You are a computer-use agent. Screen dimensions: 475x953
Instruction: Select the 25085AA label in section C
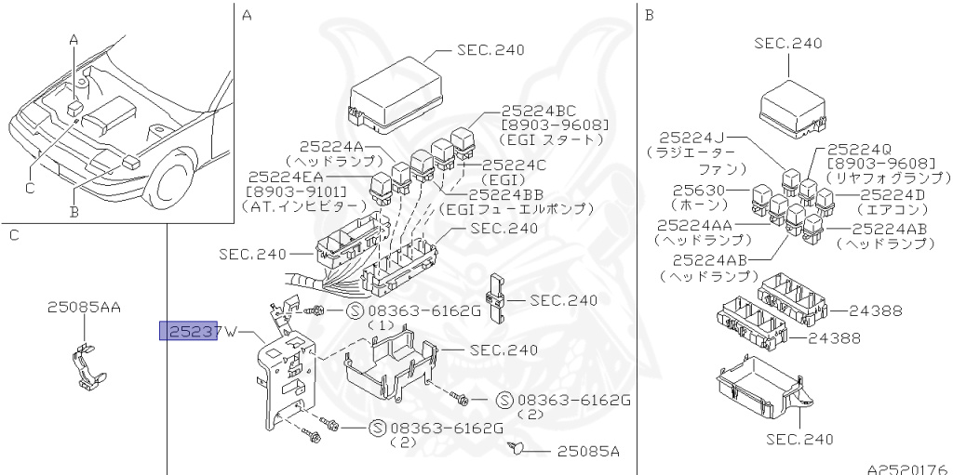point(85,306)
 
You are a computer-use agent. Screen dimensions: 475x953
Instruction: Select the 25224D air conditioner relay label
point(893,194)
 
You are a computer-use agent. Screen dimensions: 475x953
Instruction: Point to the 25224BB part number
point(506,194)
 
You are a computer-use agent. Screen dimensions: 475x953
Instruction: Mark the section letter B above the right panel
point(650,15)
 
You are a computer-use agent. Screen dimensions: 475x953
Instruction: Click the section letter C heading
point(14,235)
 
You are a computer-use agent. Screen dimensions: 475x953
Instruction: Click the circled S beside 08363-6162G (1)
point(354,310)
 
